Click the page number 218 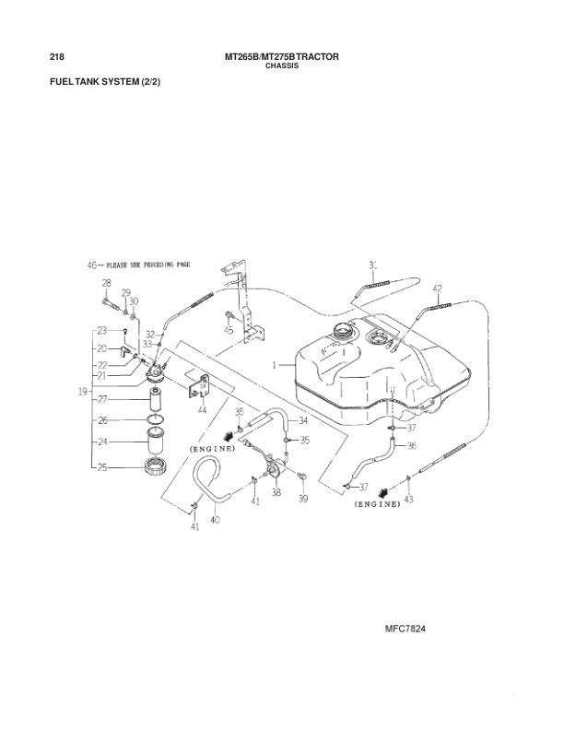(x=54, y=57)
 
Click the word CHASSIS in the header (x=282, y=67)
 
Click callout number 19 (x=83, y=392)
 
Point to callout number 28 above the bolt (x=106, y=284)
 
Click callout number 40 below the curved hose (x=215, y=520)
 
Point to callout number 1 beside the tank (x=275, y=366)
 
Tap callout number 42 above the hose (x=437, y=288)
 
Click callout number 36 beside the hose (x=411, y=445)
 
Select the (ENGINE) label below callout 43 (x=377, y=505)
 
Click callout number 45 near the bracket (x=228, y=328)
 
